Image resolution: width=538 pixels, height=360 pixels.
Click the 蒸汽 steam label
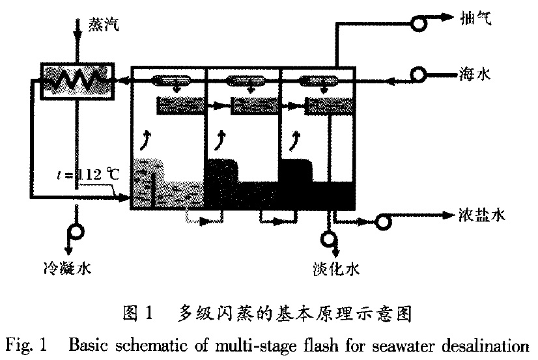pyautogui.click(x=104, y=25)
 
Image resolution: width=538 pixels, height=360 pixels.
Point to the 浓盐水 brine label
pyautogui.click(x=475, y=214)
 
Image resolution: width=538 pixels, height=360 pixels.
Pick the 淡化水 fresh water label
pyautogui.click(x=336, y=266)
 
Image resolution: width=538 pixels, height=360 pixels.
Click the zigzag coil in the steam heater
pyautogui.click(x=77, y=81)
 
